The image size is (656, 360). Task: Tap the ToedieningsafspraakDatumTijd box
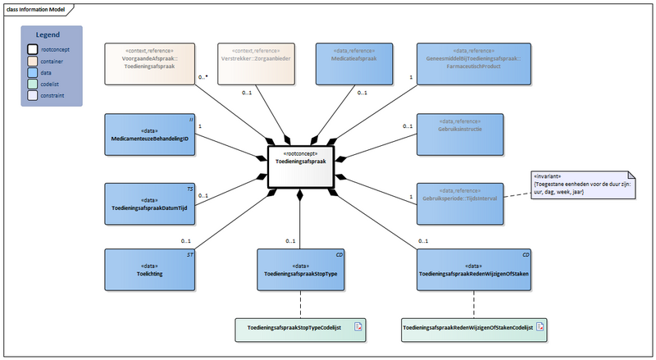click(149, 204)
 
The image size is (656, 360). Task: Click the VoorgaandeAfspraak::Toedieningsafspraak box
click(149, 64)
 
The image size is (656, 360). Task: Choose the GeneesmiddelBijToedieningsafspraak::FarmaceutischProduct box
click(460, 64)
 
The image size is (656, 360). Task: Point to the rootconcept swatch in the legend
click(32, 49)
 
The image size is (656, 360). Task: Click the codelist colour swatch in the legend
click(32, 84)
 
